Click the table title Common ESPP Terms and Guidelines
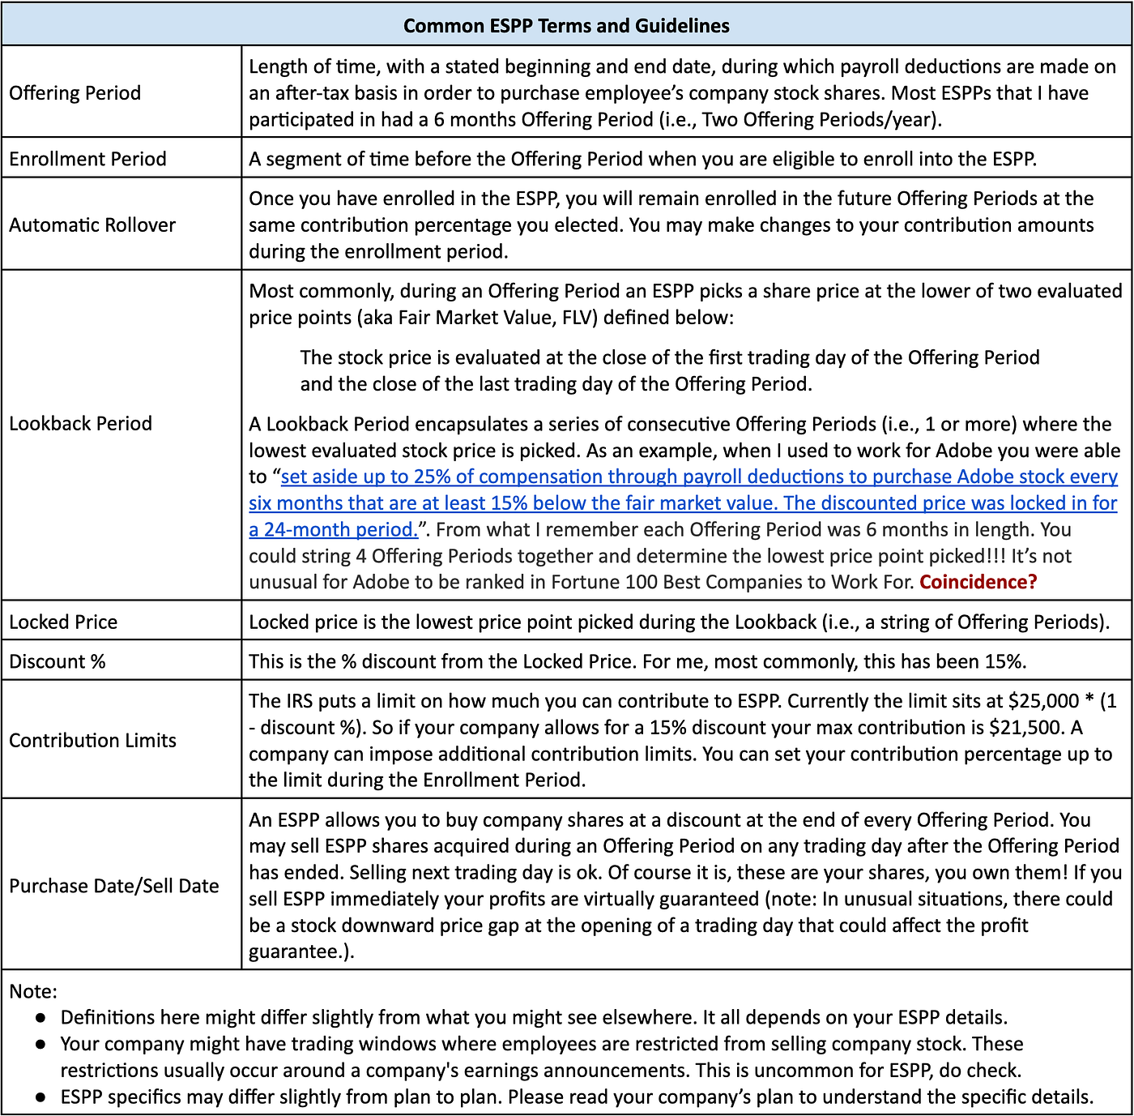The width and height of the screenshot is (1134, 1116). coord(566,26)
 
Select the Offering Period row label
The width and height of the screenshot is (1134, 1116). coord(75,93)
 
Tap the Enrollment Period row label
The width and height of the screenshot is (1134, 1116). coord(87,159)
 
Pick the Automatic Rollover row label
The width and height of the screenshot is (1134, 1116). coord(92,225)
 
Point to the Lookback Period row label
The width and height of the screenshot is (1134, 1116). coord(80,423)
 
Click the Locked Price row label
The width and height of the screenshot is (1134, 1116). coord(63,622)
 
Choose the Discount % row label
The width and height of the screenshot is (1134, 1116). coord(58,661)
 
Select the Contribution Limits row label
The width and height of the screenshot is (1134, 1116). coord(92,740)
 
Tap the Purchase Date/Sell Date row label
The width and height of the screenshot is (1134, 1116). coord(114,886)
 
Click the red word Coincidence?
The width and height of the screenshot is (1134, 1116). coord(978,582)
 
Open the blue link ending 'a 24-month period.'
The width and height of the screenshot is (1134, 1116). coord(333,529)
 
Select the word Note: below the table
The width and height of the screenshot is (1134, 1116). coord(33,991)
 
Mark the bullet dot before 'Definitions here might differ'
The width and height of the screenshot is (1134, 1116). coord(40,1018)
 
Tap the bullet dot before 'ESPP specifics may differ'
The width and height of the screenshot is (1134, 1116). coord(40,1097)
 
